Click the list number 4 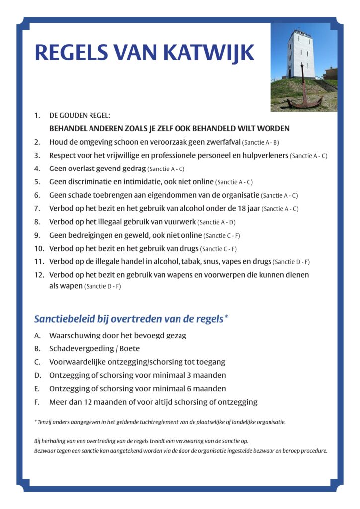pyautogui.click(x=37, y=169)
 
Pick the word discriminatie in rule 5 pyautogui.click(x=89, y=182)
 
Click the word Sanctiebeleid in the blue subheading pyautogui.click(x=64, y=319)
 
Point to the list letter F pyautogui.click(x=37, y=402)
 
